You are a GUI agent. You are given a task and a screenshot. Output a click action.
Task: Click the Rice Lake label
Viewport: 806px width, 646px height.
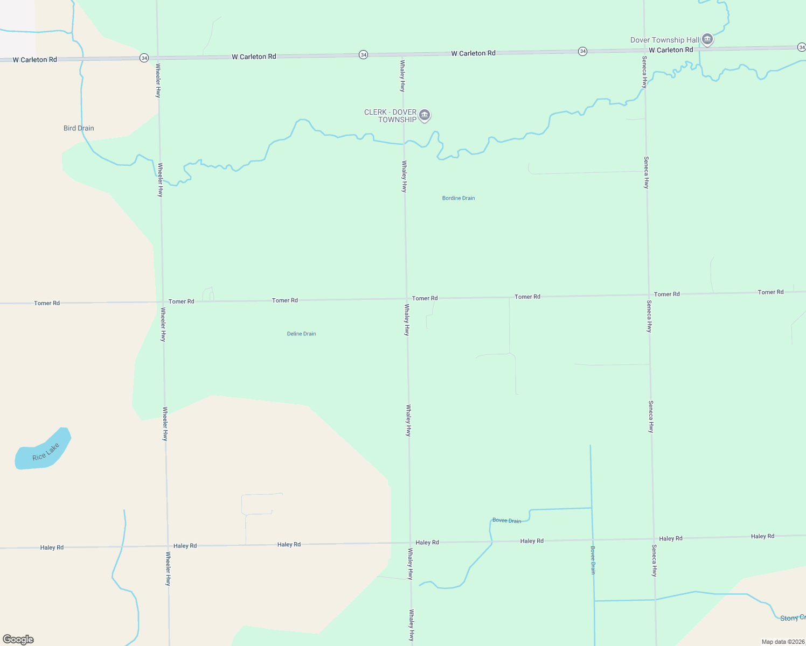(x=46, y=452)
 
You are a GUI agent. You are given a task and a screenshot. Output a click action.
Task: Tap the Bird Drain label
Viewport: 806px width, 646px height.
(x=79, y=128)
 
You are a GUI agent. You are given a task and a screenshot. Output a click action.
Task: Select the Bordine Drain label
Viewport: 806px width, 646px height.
(x=458, y=198)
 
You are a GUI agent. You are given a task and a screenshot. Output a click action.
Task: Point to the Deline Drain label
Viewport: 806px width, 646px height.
(x=301, y=334)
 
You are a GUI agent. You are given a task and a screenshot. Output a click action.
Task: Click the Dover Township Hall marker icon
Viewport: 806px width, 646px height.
(x=707, y=39)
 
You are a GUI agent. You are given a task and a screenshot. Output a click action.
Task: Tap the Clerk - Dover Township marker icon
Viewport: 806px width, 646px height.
(x=425, y=115)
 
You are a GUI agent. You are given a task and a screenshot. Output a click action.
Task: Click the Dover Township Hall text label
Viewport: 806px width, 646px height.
(x=665, y=40)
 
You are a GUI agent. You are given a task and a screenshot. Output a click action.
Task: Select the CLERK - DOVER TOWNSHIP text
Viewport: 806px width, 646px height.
(x=391, y=116)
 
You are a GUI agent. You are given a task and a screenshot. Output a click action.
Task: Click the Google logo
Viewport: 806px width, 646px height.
(x=18, y=640)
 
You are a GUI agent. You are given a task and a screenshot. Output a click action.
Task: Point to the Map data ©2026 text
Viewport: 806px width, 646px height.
(x=783, y=642)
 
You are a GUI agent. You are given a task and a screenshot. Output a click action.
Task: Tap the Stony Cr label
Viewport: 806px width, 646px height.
(x=793, y=618)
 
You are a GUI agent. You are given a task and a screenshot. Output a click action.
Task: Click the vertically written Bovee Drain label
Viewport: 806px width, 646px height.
(x=593, y=560)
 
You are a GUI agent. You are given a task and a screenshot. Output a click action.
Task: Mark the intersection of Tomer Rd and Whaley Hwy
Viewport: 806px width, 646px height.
(x=406, y=298)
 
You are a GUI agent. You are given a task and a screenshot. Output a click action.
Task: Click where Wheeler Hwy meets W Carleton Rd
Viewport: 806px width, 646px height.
(x=157, y=57)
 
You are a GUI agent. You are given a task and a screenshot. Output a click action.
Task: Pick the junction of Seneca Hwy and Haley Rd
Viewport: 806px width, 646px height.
(x=653, y=538)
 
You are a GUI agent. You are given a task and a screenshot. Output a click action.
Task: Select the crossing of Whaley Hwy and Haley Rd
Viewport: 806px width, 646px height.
(x=410, y=543)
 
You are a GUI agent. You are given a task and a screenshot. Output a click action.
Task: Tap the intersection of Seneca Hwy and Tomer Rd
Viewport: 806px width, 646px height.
(x=648, y=294)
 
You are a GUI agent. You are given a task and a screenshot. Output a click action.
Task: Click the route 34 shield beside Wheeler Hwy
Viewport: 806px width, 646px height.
(x=144, y=58)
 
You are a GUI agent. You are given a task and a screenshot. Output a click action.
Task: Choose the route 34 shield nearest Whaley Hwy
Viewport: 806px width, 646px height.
(x=363, y=55)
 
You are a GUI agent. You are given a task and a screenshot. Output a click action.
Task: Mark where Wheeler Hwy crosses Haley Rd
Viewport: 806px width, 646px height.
(x=168, y=546)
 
